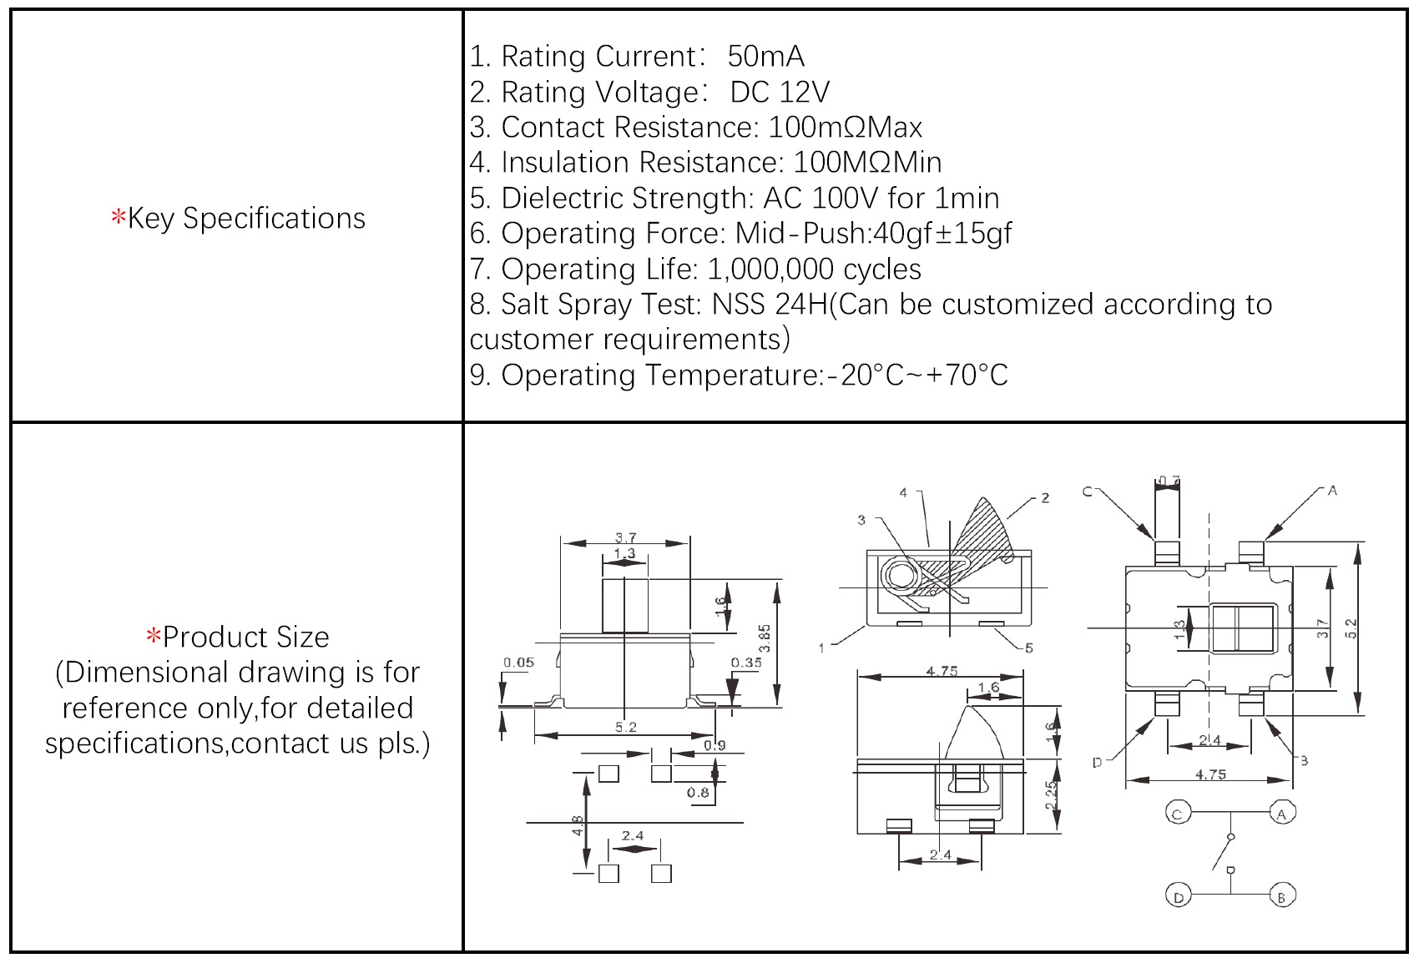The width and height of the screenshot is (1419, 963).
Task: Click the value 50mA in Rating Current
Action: (765, 56)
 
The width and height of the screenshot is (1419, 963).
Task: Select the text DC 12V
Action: (780, 92)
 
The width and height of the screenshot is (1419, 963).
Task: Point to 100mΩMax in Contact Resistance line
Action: (845, 127)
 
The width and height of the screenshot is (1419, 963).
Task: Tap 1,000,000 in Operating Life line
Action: (770, 269)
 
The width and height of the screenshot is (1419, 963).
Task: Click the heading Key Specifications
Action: (245, 218)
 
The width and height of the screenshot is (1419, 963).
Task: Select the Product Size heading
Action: (245, 637)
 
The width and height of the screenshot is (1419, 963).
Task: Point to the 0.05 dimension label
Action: (518, 663)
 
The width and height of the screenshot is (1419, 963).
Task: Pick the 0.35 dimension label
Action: (746, 663)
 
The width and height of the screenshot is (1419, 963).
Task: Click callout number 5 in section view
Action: (1028, 648)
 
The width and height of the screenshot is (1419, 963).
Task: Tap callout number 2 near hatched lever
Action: (1044, 498)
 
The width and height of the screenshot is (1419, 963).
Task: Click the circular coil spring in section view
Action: (901, 576)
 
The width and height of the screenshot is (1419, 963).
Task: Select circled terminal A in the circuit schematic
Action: (1281, 812)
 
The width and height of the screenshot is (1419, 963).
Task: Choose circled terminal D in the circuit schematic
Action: (1178, 897)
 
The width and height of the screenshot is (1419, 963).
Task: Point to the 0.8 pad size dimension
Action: (698, 792)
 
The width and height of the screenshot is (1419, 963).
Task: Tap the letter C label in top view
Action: (1088, 492)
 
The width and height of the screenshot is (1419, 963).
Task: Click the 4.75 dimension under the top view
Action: (1210, 774)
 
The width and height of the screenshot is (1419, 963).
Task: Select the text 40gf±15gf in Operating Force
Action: (942, 233)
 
